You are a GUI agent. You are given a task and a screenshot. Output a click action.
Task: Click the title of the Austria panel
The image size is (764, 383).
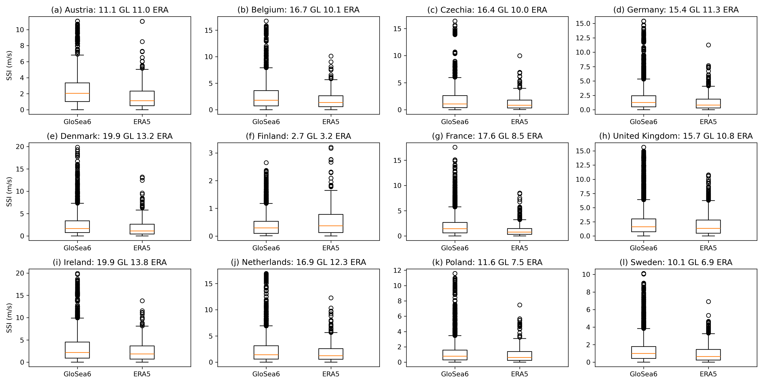point(110,10)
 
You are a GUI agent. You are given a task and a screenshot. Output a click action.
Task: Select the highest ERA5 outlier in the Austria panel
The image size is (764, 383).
point(142,21)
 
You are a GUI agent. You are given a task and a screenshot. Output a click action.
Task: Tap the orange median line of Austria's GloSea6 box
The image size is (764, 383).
point(77,93)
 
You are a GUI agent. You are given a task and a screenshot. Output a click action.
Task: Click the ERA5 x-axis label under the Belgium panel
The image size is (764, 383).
point(331,122)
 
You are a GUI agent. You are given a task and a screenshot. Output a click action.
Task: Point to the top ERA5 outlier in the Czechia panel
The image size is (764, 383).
point(520,56)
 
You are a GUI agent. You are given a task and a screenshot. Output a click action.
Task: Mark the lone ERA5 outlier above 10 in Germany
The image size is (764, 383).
point(708,45)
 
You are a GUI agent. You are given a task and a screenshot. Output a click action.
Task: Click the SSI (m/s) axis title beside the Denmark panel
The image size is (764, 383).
point(9,192)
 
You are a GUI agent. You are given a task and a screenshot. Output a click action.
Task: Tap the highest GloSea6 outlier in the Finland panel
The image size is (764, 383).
point(266,163)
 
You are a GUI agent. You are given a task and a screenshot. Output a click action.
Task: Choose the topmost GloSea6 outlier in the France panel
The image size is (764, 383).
point(455,147)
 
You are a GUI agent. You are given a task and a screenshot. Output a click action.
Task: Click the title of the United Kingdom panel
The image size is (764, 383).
point(676,136)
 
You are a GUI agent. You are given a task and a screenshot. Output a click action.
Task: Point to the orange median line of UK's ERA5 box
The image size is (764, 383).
point(708,228)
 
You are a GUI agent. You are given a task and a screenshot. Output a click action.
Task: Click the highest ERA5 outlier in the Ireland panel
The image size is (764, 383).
point(142,301)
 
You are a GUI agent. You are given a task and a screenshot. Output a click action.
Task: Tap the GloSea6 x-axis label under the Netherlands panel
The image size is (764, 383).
point(266,374)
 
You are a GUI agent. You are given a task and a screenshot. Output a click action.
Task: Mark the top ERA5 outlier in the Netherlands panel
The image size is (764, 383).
point(331,298)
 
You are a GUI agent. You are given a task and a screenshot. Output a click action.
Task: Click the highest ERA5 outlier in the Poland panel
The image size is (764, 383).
point(520,305)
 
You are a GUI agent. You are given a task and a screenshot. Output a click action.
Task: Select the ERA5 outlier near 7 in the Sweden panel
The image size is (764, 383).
point(708,302)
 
